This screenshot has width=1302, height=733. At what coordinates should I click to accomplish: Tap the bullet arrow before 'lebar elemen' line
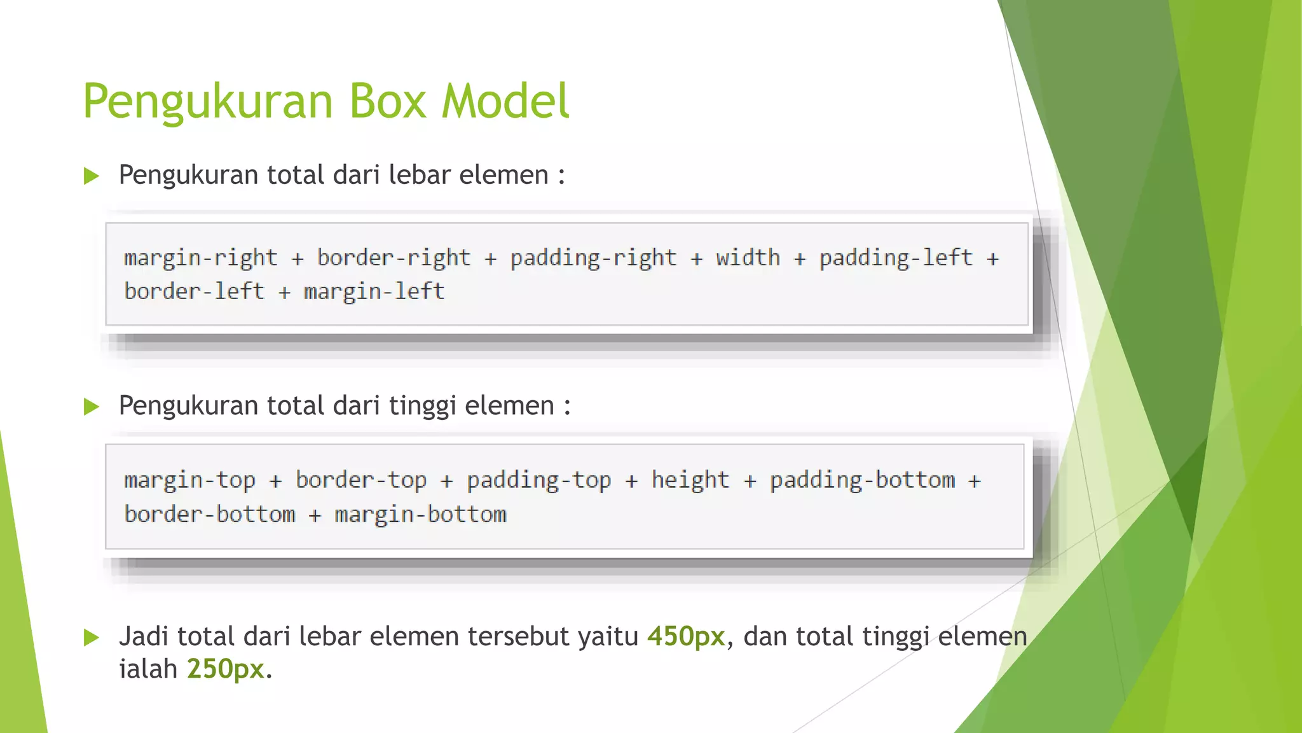(92, 176)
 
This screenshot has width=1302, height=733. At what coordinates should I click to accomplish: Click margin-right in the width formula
(201, 258)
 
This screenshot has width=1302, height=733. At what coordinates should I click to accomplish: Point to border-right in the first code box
(394, 258)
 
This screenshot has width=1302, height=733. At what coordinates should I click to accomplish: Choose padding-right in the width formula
(593, 258)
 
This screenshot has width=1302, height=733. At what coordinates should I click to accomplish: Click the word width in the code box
(748, 258)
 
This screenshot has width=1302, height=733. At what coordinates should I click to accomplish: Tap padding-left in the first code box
(896, 258)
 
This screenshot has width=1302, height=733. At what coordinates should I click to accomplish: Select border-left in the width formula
(194, 292)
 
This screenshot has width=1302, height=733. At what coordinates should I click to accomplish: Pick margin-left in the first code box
(374, 292)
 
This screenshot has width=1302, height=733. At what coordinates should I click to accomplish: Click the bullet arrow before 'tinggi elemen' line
(92, 407)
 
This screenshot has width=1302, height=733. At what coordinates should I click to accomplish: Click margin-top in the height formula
(190, 480)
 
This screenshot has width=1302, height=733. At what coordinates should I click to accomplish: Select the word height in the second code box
(690, 480)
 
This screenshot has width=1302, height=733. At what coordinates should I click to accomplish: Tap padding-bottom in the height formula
(863, 480)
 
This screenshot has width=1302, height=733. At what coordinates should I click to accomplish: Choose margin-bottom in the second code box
(420, 515)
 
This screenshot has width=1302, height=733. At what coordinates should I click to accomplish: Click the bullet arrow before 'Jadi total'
(92, 637)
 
